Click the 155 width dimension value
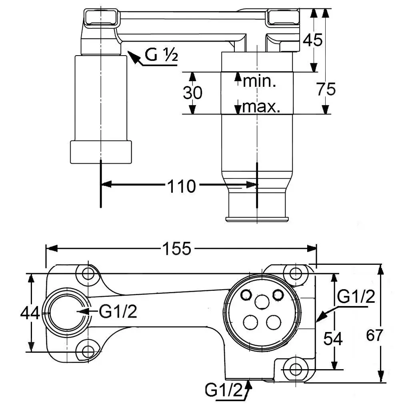click(177, 249)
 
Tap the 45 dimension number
click(312, 40)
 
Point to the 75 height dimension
click(326, 89)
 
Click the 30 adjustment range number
click(192, 93)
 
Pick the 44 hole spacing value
click(30, 313)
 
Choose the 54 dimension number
click(333, 339)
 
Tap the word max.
click(261, 107)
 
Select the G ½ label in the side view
click(161, 55)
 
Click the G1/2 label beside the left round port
click(118, 312)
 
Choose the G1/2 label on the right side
click(356, 297)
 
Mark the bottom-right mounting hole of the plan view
click(296, 368)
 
